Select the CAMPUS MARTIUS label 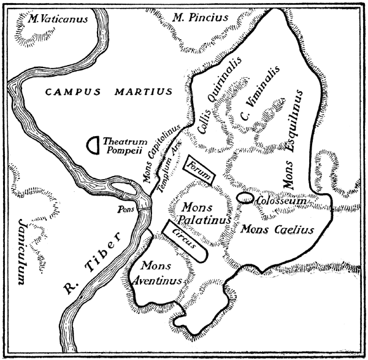[x=108, y=93]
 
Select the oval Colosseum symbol [x=245, y=198]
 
